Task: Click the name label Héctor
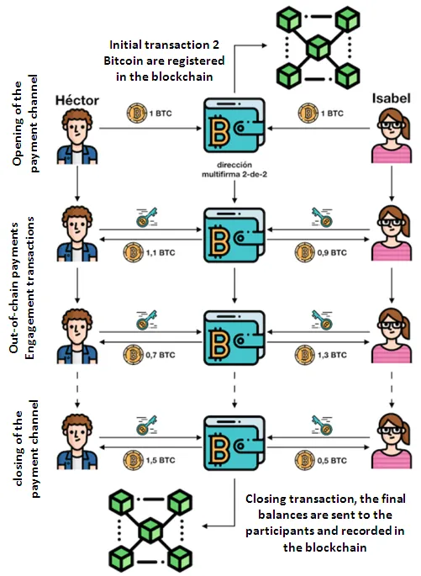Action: [x=77, y=100]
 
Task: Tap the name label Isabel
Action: [x=392, y=98]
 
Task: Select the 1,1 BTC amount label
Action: [x=161, y=253]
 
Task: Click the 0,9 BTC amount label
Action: [x=332, y=253]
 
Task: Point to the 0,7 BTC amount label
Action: [x=161, y=355]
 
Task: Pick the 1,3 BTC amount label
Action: [x=332, y=355]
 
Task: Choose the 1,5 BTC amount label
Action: [x=161, y=460]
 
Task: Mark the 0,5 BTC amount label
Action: [x=332, y=460]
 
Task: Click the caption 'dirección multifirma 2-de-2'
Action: [x=234, y=170]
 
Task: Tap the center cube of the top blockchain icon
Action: [x=318, y=48]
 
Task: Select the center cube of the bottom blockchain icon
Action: [x=150, y=531]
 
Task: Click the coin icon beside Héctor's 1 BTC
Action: [x=136, y=114]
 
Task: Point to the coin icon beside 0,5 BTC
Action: [x=305, y=460]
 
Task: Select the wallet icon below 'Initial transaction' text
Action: [x=234, y=125]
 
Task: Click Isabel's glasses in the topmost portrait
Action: [x=392, y=125]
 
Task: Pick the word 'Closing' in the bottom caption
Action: [x=266, y=499]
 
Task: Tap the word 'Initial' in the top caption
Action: [x=125, y=45]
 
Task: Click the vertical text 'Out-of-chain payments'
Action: [x=14, y=288]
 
